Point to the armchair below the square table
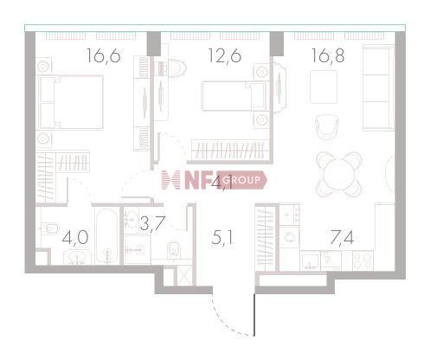329,127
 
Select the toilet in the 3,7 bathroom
172,247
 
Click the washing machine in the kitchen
291,235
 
